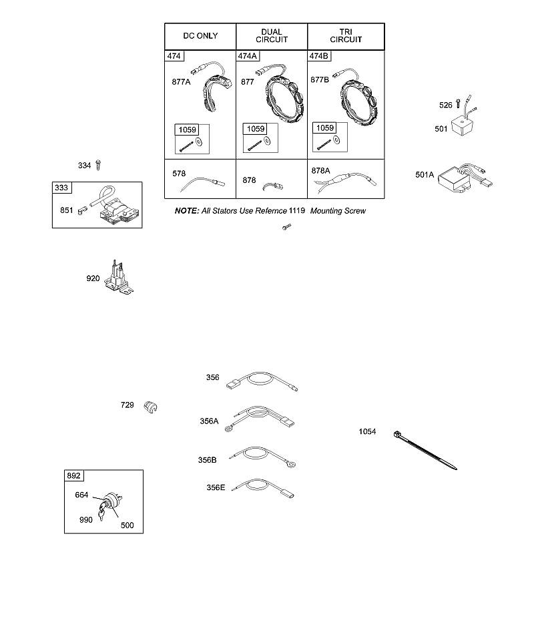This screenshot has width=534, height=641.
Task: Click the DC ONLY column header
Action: click(200, 36)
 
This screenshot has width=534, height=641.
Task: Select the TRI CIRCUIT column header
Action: click(346, 36)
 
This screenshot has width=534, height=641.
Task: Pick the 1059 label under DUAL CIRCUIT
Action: click(256, 129)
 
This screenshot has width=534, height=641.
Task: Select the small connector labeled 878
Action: click(273, 186)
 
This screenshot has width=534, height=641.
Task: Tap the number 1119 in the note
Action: click(297, 210)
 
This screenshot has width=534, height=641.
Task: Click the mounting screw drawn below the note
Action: click(287, 226)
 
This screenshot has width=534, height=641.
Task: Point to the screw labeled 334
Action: click(98, 165)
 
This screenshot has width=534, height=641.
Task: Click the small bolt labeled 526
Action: click(459, 103)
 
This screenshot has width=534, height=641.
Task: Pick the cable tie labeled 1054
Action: click(425, 451)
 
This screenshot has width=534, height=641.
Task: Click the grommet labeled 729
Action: click(150, 407)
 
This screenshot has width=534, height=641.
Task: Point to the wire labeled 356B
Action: click(262, 457)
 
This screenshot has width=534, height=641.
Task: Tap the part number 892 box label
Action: click(73, 475)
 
